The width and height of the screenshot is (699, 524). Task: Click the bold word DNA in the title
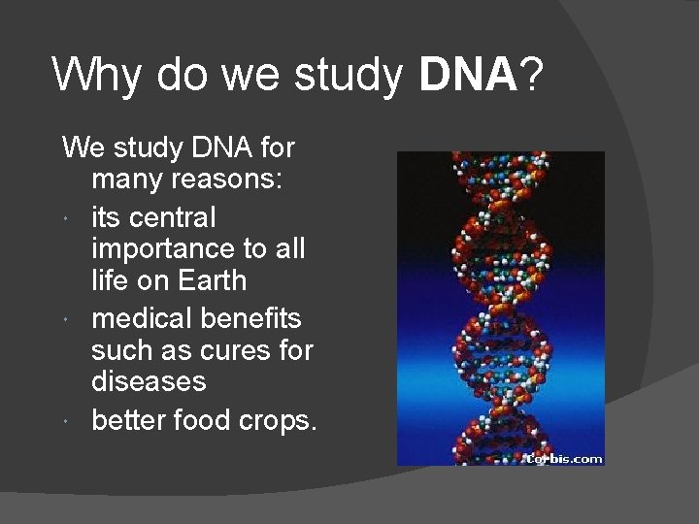pos(467,75)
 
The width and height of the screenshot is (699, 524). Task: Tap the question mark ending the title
pos(533,75)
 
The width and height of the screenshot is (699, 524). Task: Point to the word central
pos(173,216)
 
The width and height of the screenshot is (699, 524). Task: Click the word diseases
pos(149,381)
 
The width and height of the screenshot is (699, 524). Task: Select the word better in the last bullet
pos(130,420)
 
